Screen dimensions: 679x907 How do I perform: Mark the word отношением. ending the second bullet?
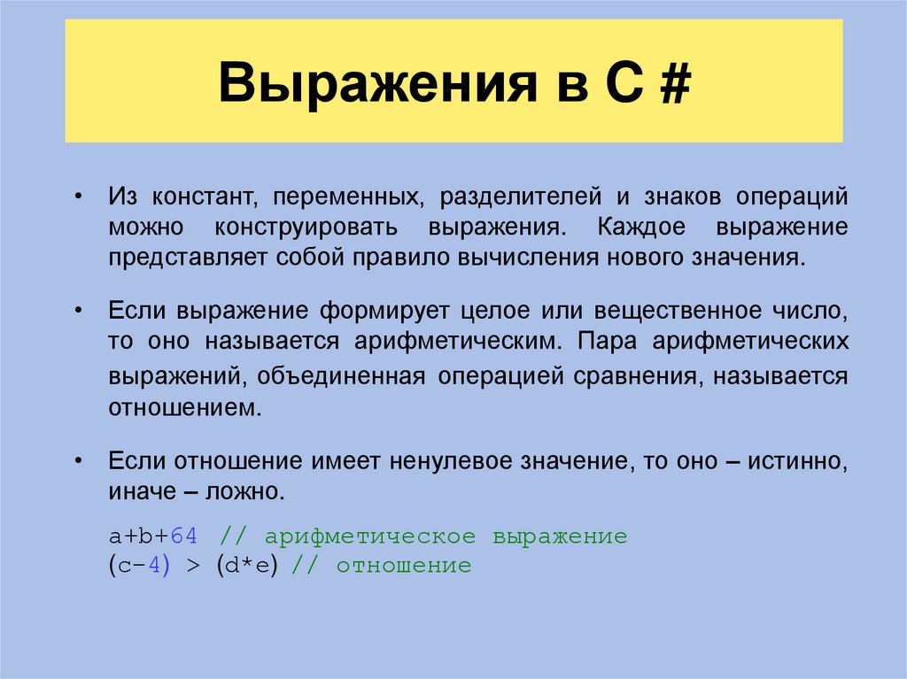coord(185,408)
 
